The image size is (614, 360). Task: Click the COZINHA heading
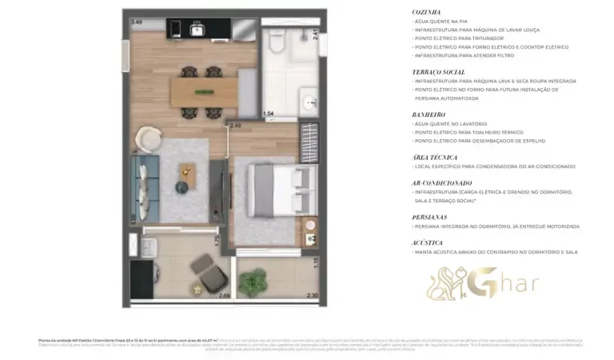pyautogui.click(x=426, y=13)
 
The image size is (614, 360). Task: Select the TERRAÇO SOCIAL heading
pyautogui.click(x=437, y=71)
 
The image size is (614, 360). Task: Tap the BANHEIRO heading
pyautogui.click(x=429, y=115)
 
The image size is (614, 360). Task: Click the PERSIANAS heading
pyautogui.click(x=429, y=217)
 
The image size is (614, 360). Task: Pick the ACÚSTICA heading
pyautogui.click(x=427, y=242)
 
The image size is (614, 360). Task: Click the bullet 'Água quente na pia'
pyautogui.click(x=441, y=22)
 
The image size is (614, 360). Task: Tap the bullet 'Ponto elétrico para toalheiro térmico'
pyautogui.click(x=468, y=132)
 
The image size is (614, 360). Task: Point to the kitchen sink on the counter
pyautogui.click(x=197, y=30)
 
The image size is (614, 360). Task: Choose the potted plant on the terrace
pyautogui.click(x=254, y=282)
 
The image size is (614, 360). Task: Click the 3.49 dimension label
pyautogui.click(x=137, y=22)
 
